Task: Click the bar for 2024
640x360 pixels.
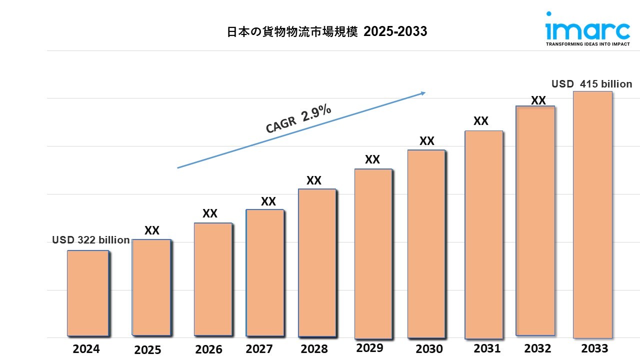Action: (88, 293)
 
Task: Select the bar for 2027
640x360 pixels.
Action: (265, 272)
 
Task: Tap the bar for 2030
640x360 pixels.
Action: (426, 244)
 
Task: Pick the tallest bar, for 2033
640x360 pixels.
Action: (592, 214)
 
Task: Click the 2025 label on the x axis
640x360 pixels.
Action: (147, 349)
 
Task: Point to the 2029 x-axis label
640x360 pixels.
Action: (369, 347)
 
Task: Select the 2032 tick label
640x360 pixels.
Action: (537, 348)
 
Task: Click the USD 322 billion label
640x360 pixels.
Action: (91, 240)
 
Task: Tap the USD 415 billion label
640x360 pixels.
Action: (591, 84)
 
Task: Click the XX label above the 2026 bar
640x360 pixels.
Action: (210, 213)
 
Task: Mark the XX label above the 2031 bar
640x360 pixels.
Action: (481, 121)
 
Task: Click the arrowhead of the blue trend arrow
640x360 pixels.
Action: (422, 92)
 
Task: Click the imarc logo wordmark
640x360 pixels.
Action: (587, 30)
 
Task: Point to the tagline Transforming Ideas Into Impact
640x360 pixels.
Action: (587, 44)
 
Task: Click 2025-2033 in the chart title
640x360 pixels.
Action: (395, 32)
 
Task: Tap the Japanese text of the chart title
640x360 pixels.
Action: (292, 32)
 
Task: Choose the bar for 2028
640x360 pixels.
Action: (317, 262)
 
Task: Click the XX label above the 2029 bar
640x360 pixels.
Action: (372, 159)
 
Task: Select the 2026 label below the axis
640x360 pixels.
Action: (209, 349)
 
